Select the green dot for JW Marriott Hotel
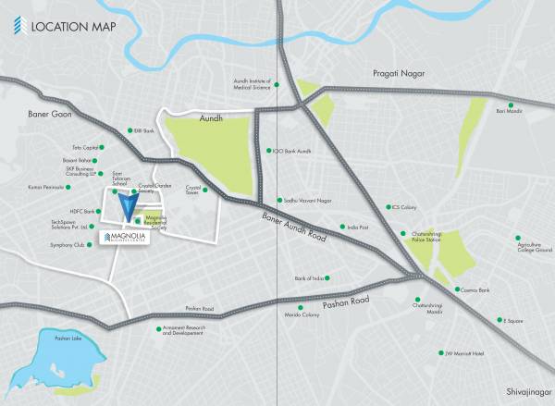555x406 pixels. (440, 352)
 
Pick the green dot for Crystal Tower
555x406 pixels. (204, 191)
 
